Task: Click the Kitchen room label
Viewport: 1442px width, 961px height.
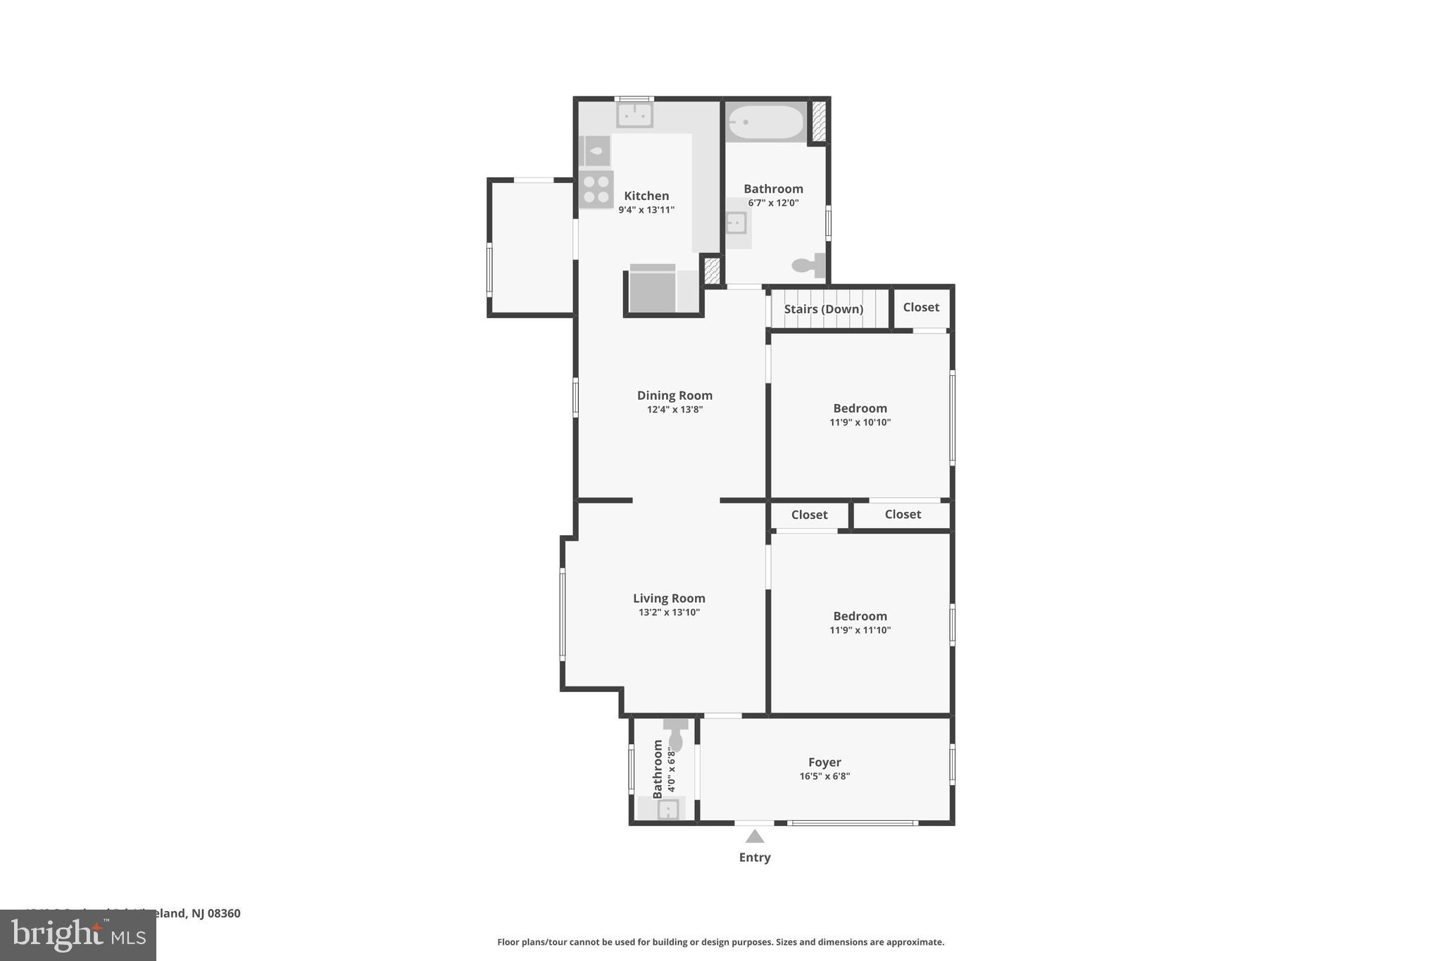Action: pos(646,196)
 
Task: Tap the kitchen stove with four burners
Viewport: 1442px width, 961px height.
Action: pos(596,189)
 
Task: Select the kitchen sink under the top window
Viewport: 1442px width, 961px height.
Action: pos(634,115)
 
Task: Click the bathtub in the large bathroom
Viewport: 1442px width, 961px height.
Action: pos(765,123)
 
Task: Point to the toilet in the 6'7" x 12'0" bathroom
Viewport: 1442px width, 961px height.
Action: pos(808,265)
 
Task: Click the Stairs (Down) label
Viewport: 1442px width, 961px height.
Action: pos(823,309)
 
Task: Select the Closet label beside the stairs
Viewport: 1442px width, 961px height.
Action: pos(920,307)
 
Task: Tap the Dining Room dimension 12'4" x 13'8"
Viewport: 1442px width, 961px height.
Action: pos(675,410)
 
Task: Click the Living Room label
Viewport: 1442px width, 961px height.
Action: pos(668,598)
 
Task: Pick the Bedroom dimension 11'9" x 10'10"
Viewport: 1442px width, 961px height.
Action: pos(860,422)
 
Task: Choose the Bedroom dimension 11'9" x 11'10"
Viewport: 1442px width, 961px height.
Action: pos(860,630)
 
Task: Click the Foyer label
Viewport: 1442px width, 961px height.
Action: pos(825,762)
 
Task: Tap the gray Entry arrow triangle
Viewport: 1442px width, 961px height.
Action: pos(754,836)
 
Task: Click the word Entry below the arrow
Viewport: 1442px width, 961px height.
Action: pos(754,858)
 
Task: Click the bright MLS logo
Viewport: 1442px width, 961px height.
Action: pos(77,935)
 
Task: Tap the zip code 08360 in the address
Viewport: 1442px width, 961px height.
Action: pos(224,913)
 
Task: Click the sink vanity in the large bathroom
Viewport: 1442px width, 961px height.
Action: pos(736,223)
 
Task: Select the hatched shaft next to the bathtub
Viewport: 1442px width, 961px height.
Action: pos(818,120)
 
